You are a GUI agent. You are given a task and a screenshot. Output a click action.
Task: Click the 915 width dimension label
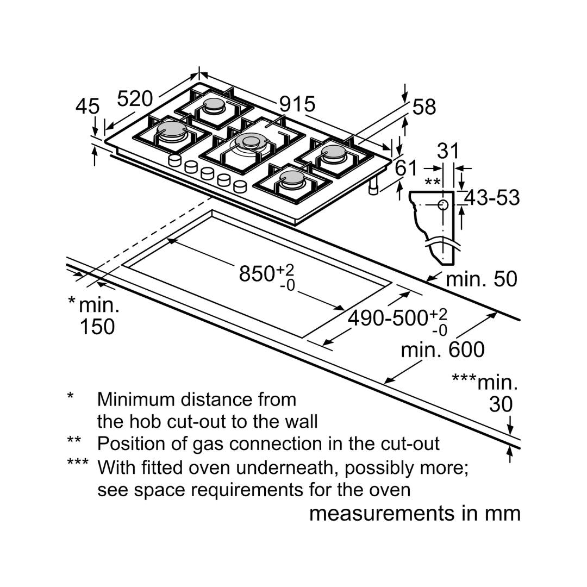tap(297, 104)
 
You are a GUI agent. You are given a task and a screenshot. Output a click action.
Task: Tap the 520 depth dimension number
tap(135, 99)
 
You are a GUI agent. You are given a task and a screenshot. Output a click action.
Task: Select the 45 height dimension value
tap(88, 107)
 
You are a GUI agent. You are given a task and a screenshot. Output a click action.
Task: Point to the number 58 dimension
tap(424, 107)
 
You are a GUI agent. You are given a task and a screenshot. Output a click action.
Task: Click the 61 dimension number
tap(407, 168)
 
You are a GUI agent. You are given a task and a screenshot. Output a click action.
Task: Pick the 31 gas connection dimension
tap(448, 151)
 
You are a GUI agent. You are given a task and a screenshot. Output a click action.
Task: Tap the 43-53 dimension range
tap(491, 198)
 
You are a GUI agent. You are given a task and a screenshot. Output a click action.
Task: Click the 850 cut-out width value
tap(259, 273)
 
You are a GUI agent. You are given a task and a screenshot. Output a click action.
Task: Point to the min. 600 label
tap(442, 349)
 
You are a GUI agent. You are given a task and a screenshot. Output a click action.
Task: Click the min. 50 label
tap(481, 279)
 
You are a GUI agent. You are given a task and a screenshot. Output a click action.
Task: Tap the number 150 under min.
tap(97, 327)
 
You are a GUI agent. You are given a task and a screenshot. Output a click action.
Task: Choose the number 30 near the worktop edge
tap(501, 405)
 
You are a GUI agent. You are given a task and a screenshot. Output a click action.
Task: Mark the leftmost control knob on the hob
tap(175, 160)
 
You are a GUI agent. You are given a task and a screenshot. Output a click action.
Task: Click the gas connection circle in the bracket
tap(443, 205)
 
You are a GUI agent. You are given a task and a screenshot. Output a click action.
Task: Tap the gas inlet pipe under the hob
tap(373, 186)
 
